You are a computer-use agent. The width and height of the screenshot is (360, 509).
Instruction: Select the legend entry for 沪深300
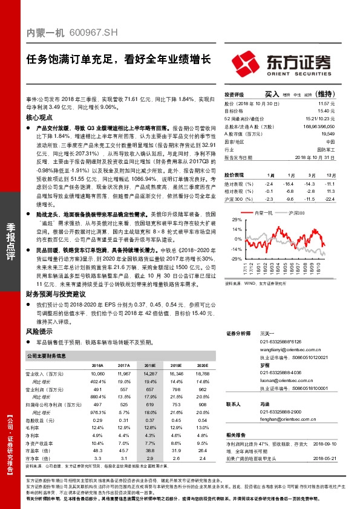296,213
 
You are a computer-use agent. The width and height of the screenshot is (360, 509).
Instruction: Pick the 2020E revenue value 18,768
201,375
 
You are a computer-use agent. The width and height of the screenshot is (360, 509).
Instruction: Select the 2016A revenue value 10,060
97,375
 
